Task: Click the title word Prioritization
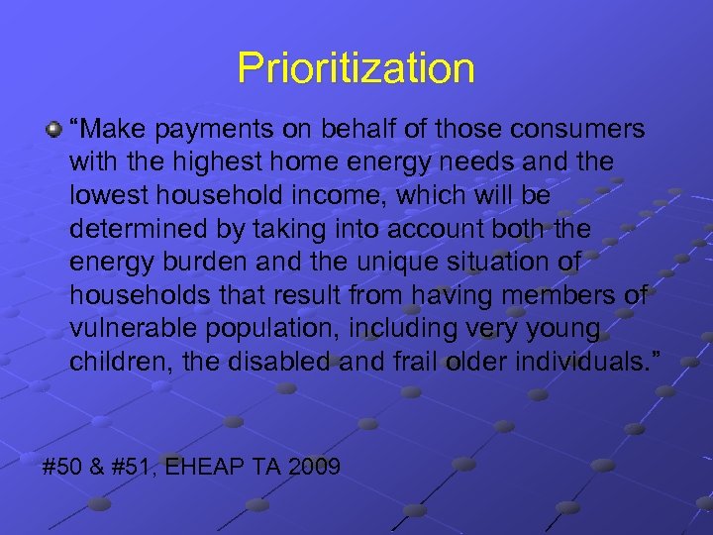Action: click(x=356, y=68)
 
